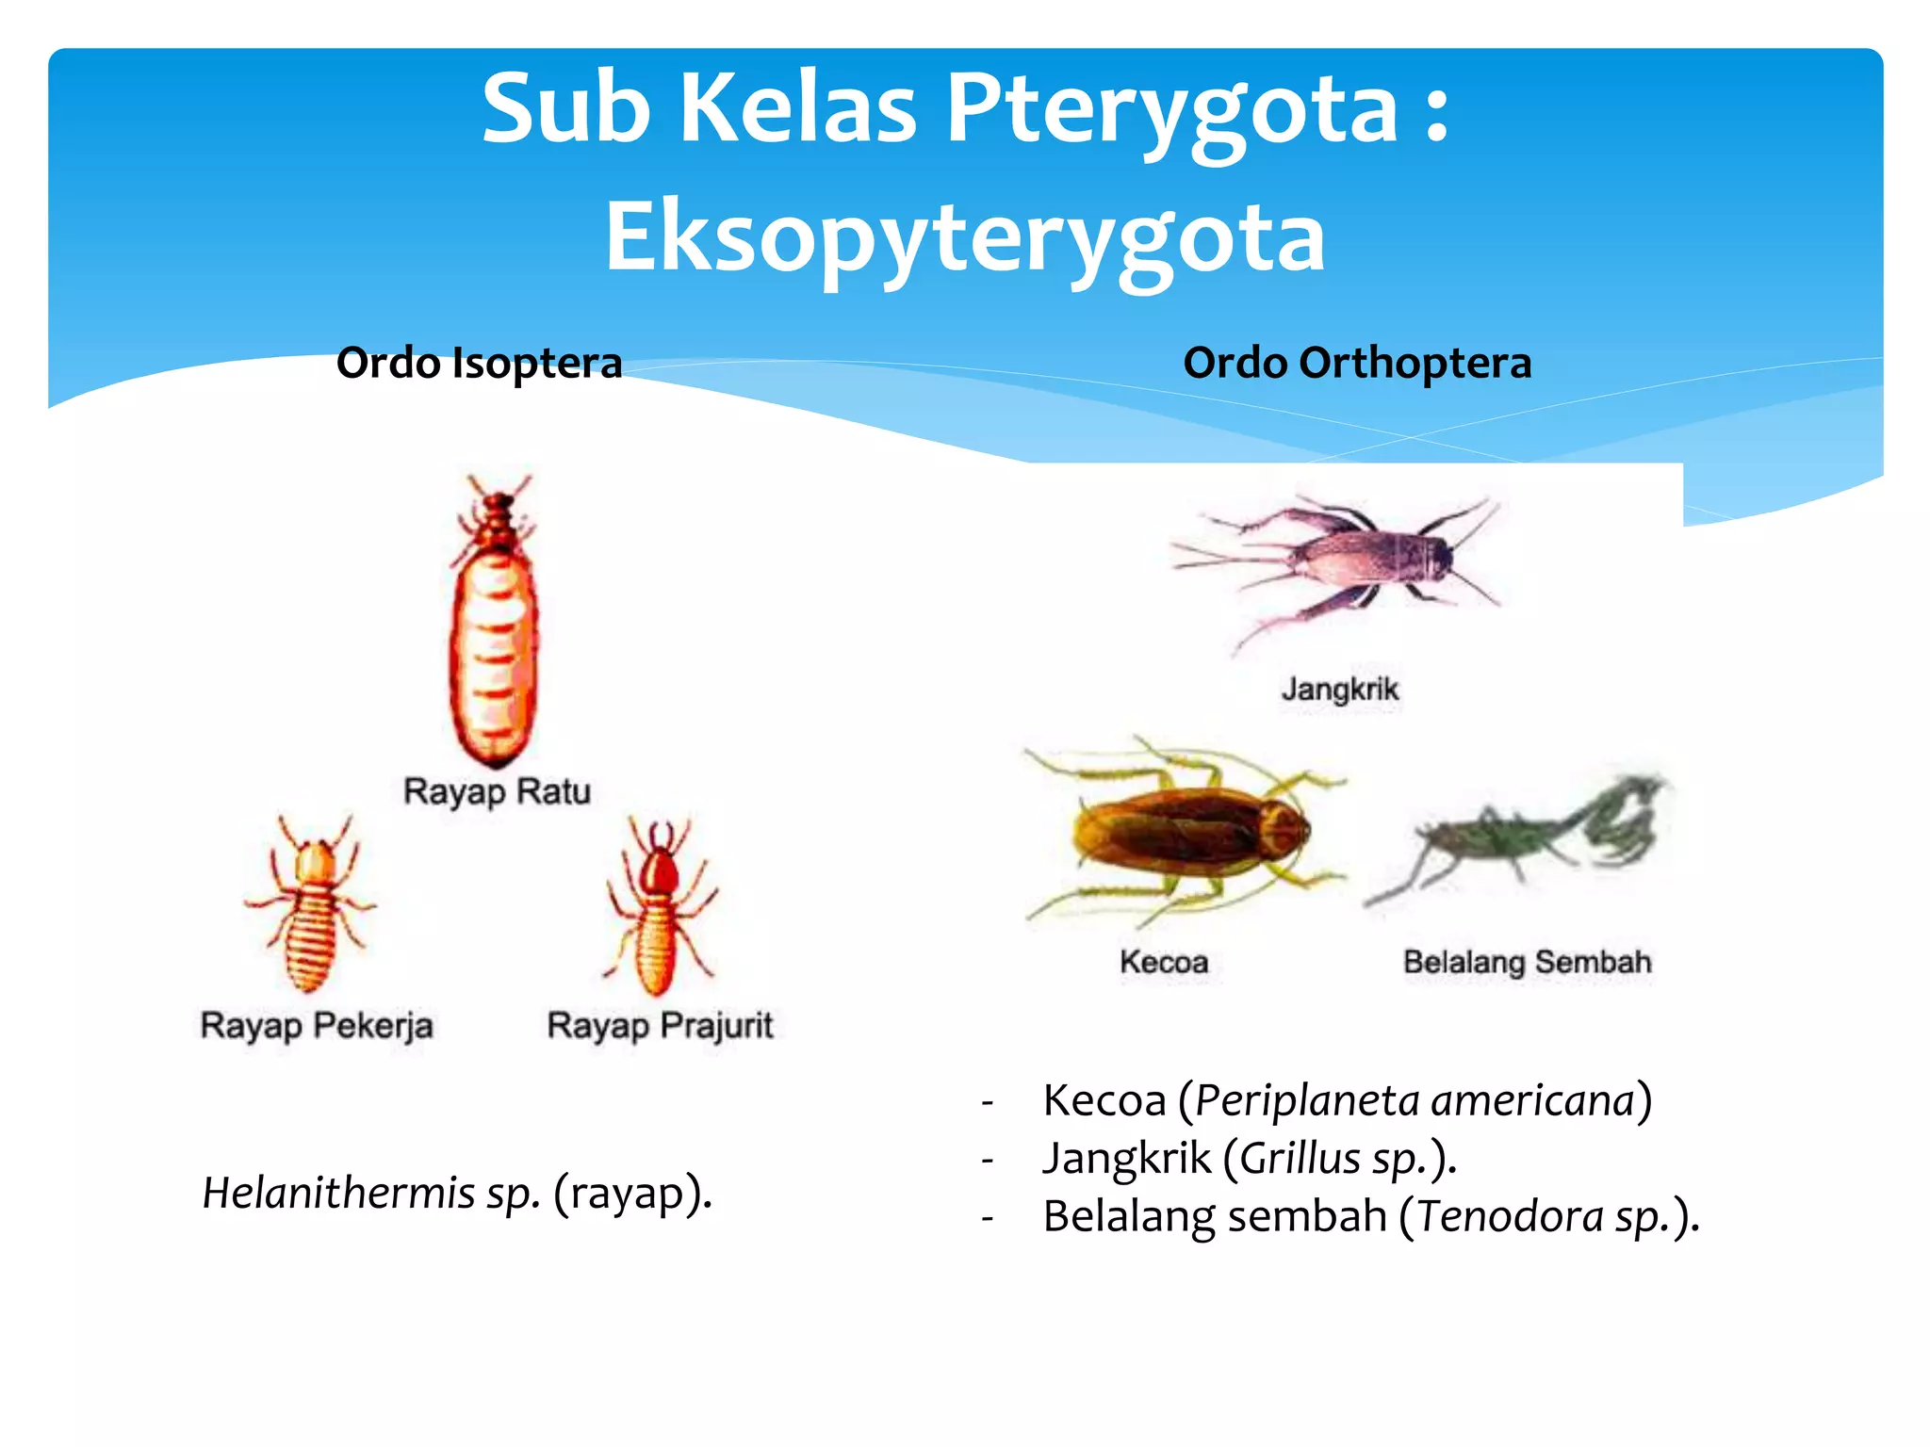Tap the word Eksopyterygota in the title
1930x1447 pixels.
965,237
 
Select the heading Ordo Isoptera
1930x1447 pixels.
479,364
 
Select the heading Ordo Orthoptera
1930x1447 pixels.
1357,364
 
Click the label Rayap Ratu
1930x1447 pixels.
497,791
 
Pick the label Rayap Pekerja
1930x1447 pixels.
317,1025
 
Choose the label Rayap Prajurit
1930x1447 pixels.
660,1025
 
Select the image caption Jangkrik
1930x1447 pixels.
1340,690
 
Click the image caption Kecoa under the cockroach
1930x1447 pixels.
1164,962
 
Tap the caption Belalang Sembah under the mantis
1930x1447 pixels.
1527,962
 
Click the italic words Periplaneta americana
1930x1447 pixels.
1414,1100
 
